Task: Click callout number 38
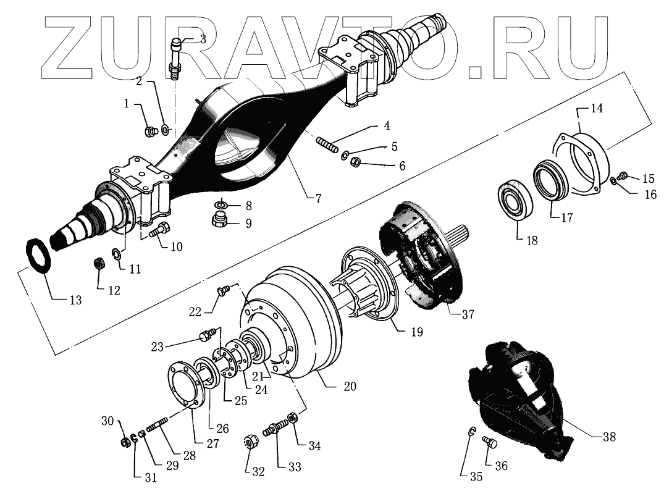click(x=609, y=436)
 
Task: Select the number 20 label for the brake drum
click(x=350, y=387)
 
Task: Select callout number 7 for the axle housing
click(x=316, y=198)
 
